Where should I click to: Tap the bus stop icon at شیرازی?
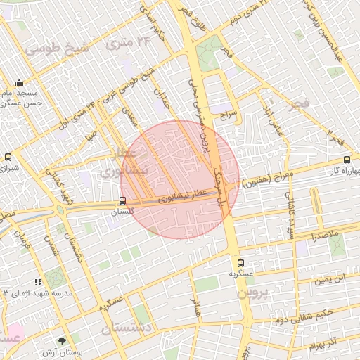[x=8, y=157]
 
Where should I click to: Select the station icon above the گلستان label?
[x=123, y=200]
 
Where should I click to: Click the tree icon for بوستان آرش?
[x=65, y=340]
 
